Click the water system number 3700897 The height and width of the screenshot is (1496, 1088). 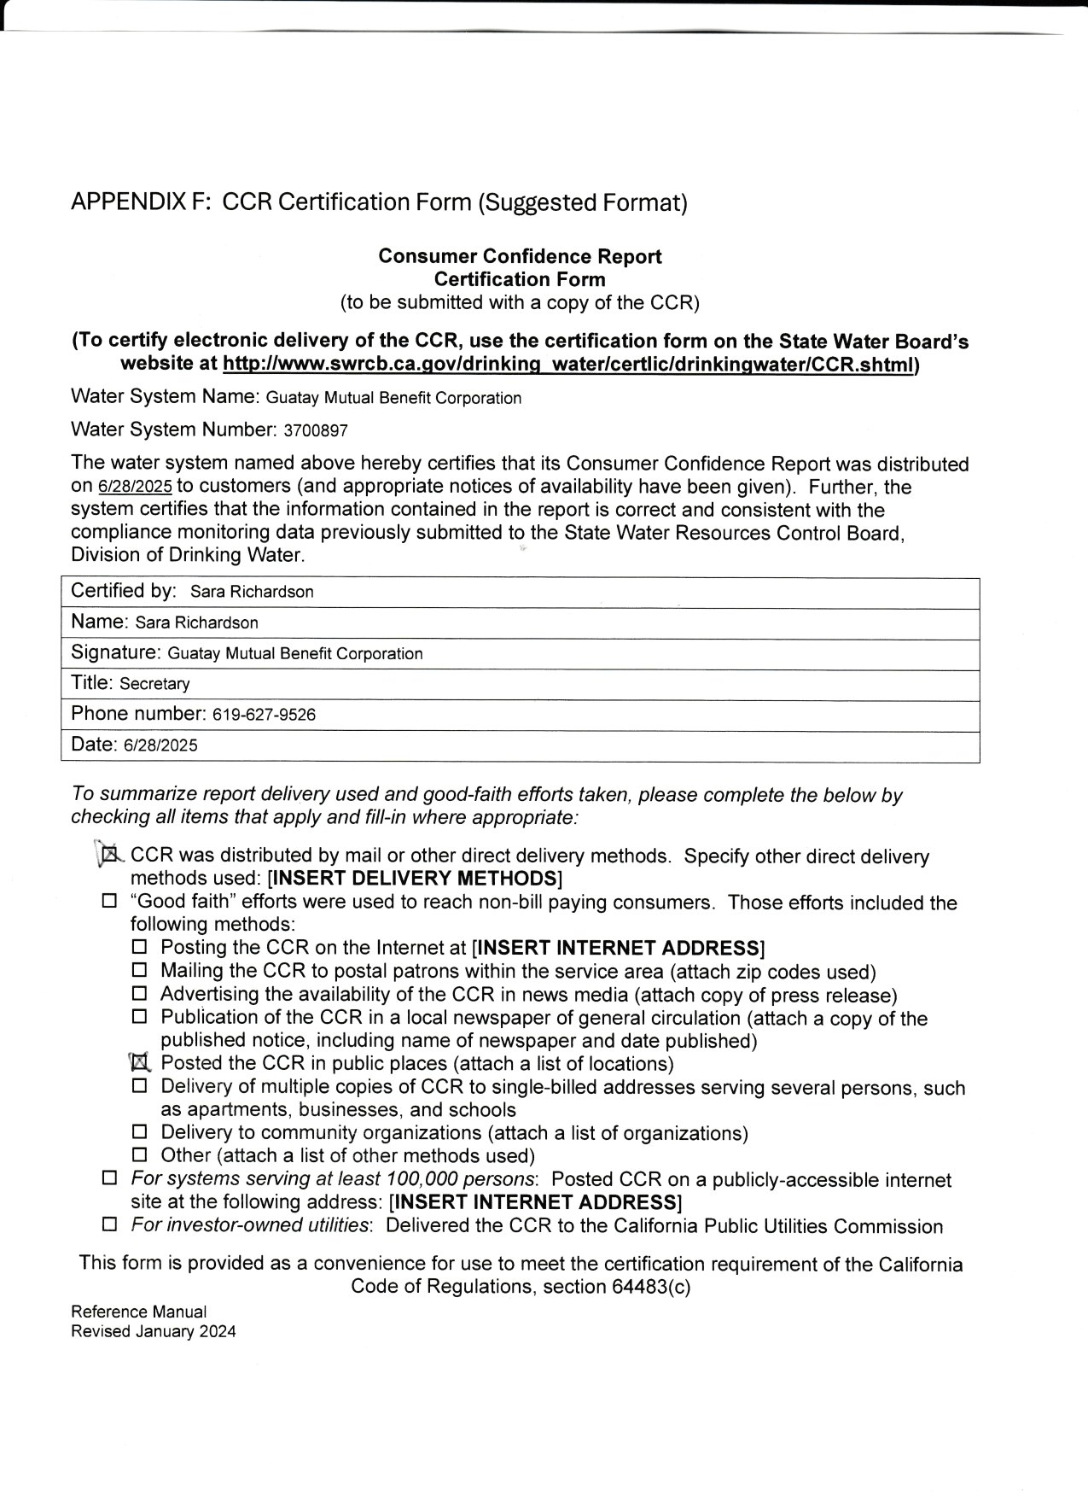[x=315, y=430]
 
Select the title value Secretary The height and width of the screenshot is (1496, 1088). [x=155, y=684]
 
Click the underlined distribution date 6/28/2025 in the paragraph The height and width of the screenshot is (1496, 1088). [x=135, y=488]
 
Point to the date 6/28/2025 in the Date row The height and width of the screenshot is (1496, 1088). [x=160, y=745]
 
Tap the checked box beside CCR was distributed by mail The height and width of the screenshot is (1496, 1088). [x=109, y=854]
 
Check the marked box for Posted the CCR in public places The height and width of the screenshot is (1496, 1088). [x=140, y=1063]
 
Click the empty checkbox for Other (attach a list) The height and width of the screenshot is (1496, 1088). [x=140, y=1155]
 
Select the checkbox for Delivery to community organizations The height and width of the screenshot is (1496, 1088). [x=140, y=1132]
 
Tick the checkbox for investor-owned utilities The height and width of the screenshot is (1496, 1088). [x=109, y=1225]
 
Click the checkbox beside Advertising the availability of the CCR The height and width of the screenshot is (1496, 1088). [x=140, y=994]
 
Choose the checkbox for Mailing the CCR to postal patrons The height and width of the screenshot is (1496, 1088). [x=140, y=971]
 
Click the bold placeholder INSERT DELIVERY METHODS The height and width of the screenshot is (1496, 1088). [x=415, y=879]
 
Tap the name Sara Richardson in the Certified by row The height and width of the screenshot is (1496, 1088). [x=252, y=592]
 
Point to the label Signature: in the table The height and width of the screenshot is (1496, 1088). [x=116, y=653]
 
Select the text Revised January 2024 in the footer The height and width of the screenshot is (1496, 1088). [x=154, y=1331]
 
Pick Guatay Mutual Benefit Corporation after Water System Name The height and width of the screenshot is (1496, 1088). [x=393, y=398]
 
